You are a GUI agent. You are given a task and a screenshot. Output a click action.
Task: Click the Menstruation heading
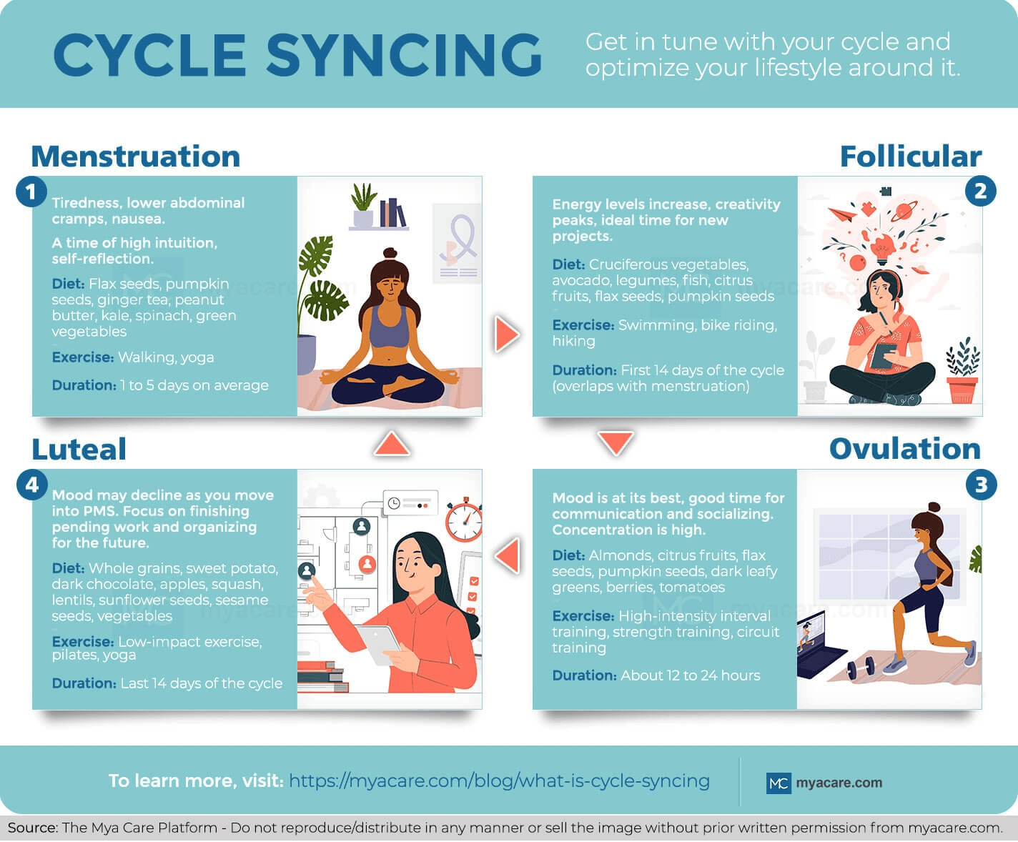point(136,157)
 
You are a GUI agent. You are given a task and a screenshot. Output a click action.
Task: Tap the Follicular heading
point(911,157)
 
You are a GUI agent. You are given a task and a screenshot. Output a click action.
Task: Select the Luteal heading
point(79,449)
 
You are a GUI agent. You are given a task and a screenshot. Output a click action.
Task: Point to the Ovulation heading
point(905,449)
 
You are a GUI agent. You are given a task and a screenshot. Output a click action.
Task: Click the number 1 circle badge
point(31,191)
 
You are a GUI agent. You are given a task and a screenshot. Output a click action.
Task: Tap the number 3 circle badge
point(981,485)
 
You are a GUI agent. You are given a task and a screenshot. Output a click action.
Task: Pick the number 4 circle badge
point(32,485)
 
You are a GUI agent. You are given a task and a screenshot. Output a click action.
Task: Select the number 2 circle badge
point(980,191)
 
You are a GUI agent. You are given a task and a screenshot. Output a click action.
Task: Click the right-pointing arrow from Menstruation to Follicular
point(507,334)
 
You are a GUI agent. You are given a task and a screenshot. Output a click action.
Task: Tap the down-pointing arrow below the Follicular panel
point(616,442)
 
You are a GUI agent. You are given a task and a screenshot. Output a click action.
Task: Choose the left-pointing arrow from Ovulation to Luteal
point(507,555)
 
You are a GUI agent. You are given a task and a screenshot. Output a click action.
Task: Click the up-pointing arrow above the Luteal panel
point(392,443)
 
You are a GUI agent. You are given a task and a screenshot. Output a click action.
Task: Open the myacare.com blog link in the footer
point(499,781)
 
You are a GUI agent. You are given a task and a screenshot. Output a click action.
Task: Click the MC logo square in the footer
point(779,783)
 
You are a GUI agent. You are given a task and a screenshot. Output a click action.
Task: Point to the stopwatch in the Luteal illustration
point(464,520)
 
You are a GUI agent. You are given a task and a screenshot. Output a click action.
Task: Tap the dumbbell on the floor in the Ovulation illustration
point(861,668)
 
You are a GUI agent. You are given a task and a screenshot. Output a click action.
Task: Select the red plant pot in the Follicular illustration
point(962,390)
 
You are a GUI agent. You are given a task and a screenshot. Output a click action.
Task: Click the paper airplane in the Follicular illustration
point(842,214)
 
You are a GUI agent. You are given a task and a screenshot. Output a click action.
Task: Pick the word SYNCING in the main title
point(404,54)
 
